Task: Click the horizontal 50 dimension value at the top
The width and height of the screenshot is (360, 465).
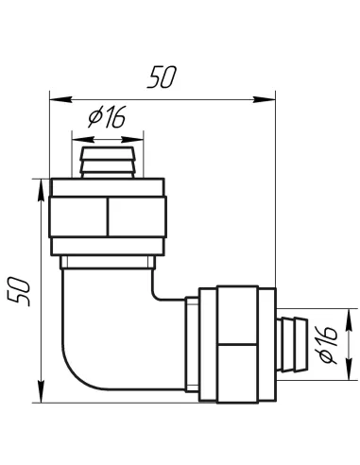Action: pyautogui.click(x=162, y=79)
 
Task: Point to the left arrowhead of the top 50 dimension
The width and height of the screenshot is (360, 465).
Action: pyautogui.click(x=56, y=97)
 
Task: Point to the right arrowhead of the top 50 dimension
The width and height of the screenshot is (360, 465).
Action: pyautogui.click(x=269, y=97)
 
